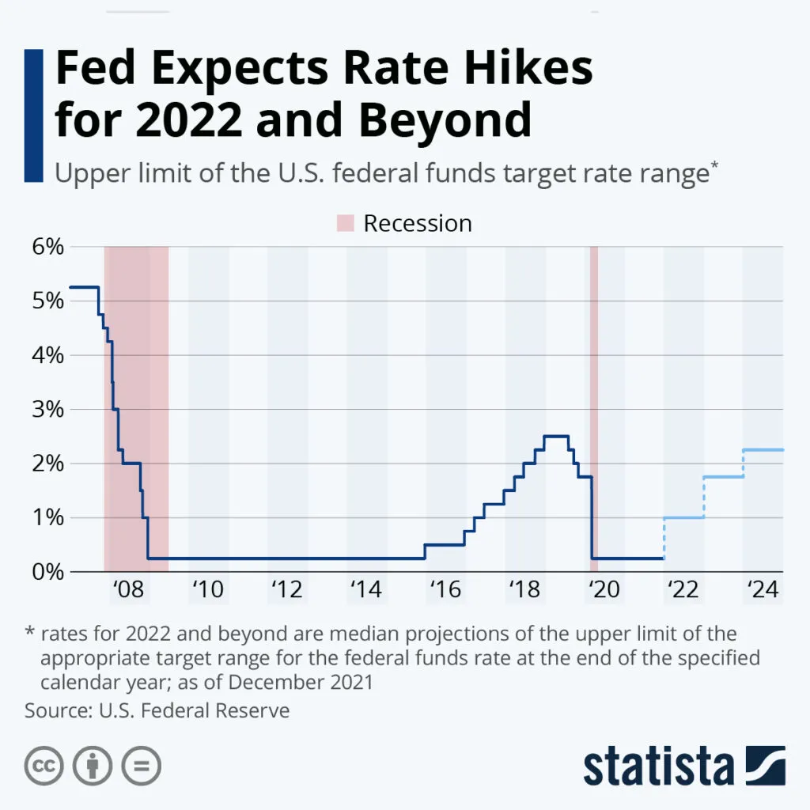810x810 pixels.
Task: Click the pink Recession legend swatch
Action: [346, 224]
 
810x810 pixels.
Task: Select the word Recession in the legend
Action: [417, 224]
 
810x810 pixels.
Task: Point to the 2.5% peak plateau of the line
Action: [556, 436]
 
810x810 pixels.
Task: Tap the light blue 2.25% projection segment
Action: [763, 449]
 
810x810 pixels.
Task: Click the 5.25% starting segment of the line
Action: [84, 286]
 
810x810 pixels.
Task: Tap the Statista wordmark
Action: [658, 766]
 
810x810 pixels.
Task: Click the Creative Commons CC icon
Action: [44, 766]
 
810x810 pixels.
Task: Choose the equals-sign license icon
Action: [141, 766]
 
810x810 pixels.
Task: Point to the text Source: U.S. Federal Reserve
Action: [157, 710]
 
